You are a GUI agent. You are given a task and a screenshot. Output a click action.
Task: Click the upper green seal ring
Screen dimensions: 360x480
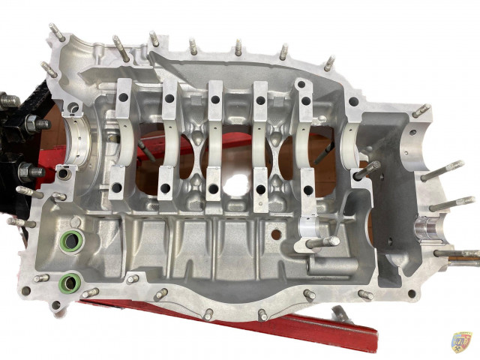pos(73,241)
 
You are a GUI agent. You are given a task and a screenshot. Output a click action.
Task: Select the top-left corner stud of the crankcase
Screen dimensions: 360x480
pos(56,31)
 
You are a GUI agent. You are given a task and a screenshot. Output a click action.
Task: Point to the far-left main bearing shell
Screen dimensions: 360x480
pos(84,140)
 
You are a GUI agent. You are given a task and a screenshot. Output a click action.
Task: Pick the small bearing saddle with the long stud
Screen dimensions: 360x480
pos(310,229)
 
